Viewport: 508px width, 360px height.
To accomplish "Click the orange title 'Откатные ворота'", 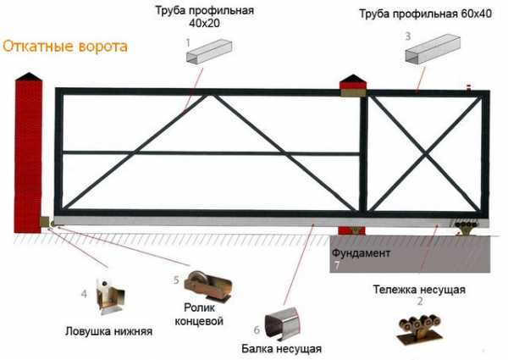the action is tap(65, 47).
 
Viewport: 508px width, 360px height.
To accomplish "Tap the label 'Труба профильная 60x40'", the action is tap(425, 14).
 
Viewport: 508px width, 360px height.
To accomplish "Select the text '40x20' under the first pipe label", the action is tap(204, 23).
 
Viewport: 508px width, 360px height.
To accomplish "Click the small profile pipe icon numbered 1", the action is tap(210, 51).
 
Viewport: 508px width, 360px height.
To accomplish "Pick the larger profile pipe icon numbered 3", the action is tap(433, 48).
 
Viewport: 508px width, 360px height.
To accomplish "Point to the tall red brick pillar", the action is tap(29, 152).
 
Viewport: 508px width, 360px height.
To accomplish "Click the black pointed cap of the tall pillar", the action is tap(29, 76).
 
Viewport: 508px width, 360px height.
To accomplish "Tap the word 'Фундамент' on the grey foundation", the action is tap(361, 252).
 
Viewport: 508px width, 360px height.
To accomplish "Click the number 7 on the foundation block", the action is tap(337, 265).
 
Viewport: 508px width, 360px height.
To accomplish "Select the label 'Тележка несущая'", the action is tap(419, 290).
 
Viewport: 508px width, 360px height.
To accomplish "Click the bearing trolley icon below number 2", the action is tap(420, 330).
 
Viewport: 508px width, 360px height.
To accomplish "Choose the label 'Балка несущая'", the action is tap(282, 349).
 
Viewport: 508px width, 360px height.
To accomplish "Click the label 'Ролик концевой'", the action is tap(199, 314).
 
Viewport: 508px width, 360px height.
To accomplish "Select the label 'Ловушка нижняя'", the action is tap(109, 331).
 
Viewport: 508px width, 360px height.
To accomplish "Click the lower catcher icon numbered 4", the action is tap(110, 296).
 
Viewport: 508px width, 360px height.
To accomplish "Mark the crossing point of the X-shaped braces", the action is tap(424, 154).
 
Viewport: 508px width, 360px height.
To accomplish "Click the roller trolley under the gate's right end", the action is tap(466, 228).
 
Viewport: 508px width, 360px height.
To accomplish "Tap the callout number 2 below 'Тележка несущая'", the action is tap(420, 302).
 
